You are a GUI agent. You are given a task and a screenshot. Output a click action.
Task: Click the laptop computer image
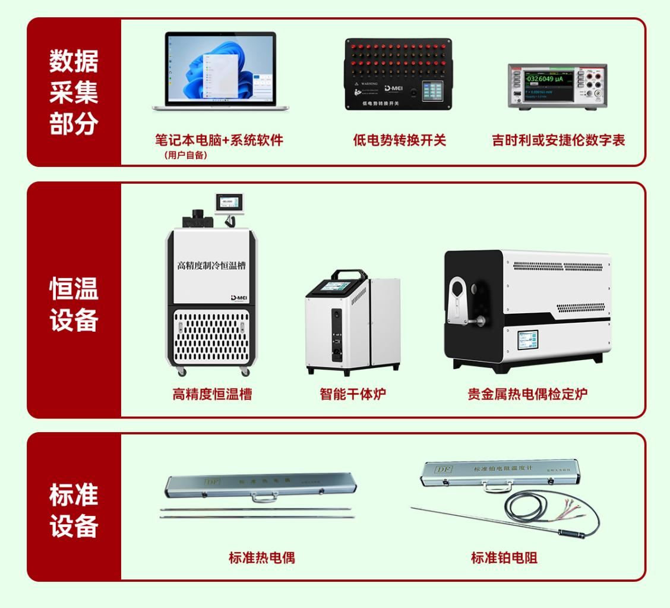220,71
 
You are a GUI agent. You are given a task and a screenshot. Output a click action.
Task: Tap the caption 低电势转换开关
399,141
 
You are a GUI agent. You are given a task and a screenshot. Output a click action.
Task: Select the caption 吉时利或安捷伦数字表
558,141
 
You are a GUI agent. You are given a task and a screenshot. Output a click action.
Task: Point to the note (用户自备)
186,156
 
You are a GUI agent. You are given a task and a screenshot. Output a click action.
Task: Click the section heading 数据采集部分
74,92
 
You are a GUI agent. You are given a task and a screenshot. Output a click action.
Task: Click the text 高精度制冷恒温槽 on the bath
211,265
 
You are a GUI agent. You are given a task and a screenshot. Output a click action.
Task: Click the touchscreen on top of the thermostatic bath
229,203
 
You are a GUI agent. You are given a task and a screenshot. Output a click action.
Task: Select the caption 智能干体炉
353,394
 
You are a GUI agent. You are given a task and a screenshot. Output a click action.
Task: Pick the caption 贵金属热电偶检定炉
527,394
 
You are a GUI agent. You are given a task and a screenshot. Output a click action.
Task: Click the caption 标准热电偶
261,557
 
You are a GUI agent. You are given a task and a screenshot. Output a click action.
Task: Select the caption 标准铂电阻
504,557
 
